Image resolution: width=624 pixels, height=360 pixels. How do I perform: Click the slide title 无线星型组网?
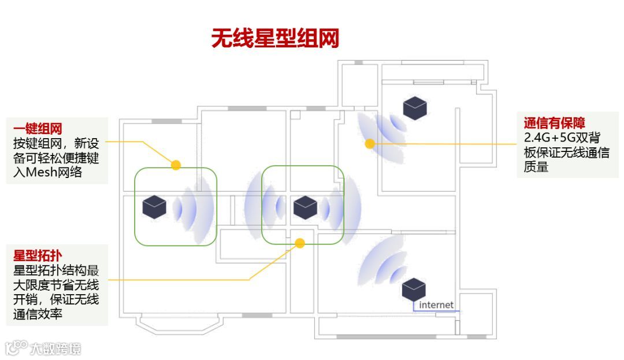tap(274, 39)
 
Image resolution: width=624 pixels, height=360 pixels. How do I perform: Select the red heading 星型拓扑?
tap(38, 255)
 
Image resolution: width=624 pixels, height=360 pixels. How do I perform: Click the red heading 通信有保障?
tap(554, 123)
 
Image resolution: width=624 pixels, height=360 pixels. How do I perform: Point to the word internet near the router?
tap(436, 305)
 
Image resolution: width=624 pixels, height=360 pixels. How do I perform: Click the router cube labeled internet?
tap(414, 288)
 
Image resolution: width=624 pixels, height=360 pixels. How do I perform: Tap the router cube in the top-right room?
tap(415, 108)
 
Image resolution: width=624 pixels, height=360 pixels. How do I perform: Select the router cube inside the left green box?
tap(155, 207)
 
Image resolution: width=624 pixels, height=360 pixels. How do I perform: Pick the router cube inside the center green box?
tap(305, 207)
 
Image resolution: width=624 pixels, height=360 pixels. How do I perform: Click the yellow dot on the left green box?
tap(176, 165)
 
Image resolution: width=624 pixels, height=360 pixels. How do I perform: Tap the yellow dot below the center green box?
tap(300, 243)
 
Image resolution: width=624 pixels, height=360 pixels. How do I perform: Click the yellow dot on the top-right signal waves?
tap(370, 143)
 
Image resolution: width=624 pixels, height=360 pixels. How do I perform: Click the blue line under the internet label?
tap(436, 311)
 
